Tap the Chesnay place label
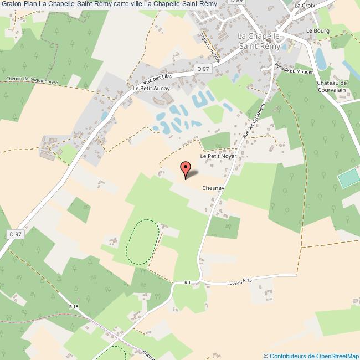(x=213, y=188)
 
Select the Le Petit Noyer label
(x=218, y=157)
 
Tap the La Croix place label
(x=304, y=6)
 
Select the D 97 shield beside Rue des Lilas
(x=203, y=68)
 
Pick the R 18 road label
(x=74, y=306)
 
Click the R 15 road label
(x=247, y=280)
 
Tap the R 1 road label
(x=187, y=282)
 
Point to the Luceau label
(x=235, y=283)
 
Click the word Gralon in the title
(x=12, y=4)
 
